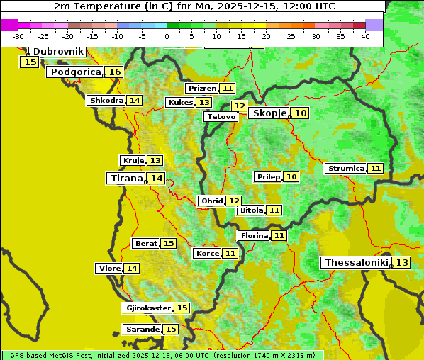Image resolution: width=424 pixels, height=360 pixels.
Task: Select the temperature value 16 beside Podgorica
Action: (114, 72)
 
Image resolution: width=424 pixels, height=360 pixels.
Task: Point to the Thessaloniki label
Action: (357, 262)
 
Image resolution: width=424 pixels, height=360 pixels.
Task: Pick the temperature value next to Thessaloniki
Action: (401, 262)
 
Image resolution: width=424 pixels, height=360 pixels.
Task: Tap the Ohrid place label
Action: (211, 201)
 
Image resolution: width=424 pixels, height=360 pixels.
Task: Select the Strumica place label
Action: (345, 168)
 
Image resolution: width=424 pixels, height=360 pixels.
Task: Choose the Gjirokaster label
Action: (147, 308)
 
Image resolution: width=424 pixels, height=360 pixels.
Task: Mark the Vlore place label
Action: (108, 268)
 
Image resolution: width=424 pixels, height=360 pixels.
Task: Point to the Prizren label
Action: (201, 88)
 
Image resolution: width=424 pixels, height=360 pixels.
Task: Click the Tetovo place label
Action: (221, 116)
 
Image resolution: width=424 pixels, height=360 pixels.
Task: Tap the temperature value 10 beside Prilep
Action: (291, 176)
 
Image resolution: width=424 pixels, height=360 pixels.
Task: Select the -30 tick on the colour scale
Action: (18, 36)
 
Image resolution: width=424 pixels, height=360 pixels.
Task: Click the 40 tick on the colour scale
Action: (365, 36)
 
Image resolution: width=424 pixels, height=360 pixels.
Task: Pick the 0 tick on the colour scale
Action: (167, 36)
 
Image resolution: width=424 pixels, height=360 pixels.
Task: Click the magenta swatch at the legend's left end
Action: (9, 25)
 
